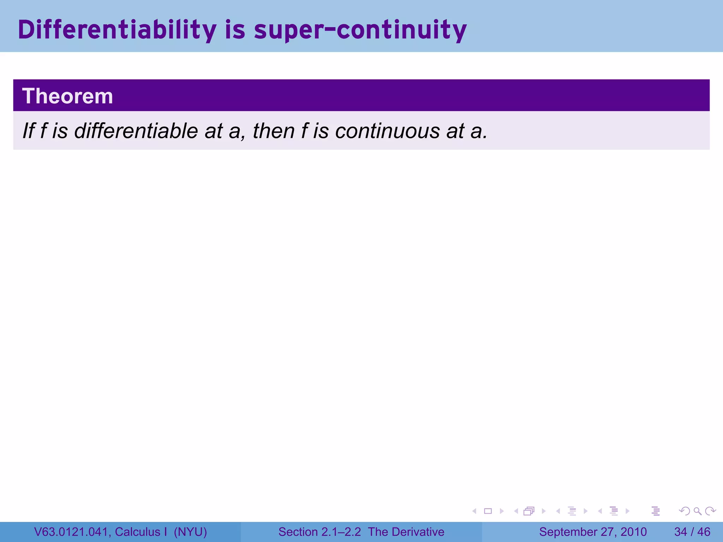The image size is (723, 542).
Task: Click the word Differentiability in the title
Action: [x=117, y=30]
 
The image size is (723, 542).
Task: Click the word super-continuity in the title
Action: [x=360, y=30]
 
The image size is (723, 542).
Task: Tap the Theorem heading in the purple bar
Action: [x=67, y=96]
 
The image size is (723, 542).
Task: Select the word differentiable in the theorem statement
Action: [x=136, y=131]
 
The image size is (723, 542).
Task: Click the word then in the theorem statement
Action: [x=274, y=131]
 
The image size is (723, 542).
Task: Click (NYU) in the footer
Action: [x=190, y=532]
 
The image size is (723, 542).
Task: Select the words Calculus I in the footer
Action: [x=141, y=532]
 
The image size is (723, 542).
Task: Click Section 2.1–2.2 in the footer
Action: [x=319, y=532]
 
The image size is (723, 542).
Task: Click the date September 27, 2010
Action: [x=593, y=532]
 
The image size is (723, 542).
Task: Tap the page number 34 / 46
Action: [x=692, y=532]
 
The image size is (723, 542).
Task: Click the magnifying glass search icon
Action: [x=697, y=511]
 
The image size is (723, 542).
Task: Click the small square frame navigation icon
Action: [x=488, y=511]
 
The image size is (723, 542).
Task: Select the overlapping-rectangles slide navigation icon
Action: [x=529, y=511]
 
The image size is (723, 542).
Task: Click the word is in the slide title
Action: [x=235, y=30]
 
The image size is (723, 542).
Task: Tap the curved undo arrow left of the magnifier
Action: [x=685, y=511]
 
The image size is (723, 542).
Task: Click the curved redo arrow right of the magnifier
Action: [x=710, y=511]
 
